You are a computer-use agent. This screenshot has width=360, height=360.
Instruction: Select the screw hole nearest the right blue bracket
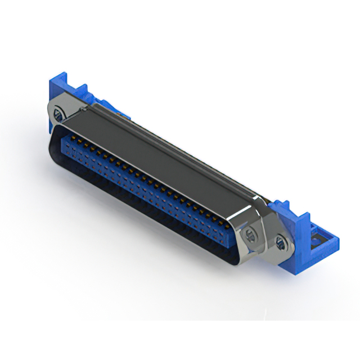(280, 242)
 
